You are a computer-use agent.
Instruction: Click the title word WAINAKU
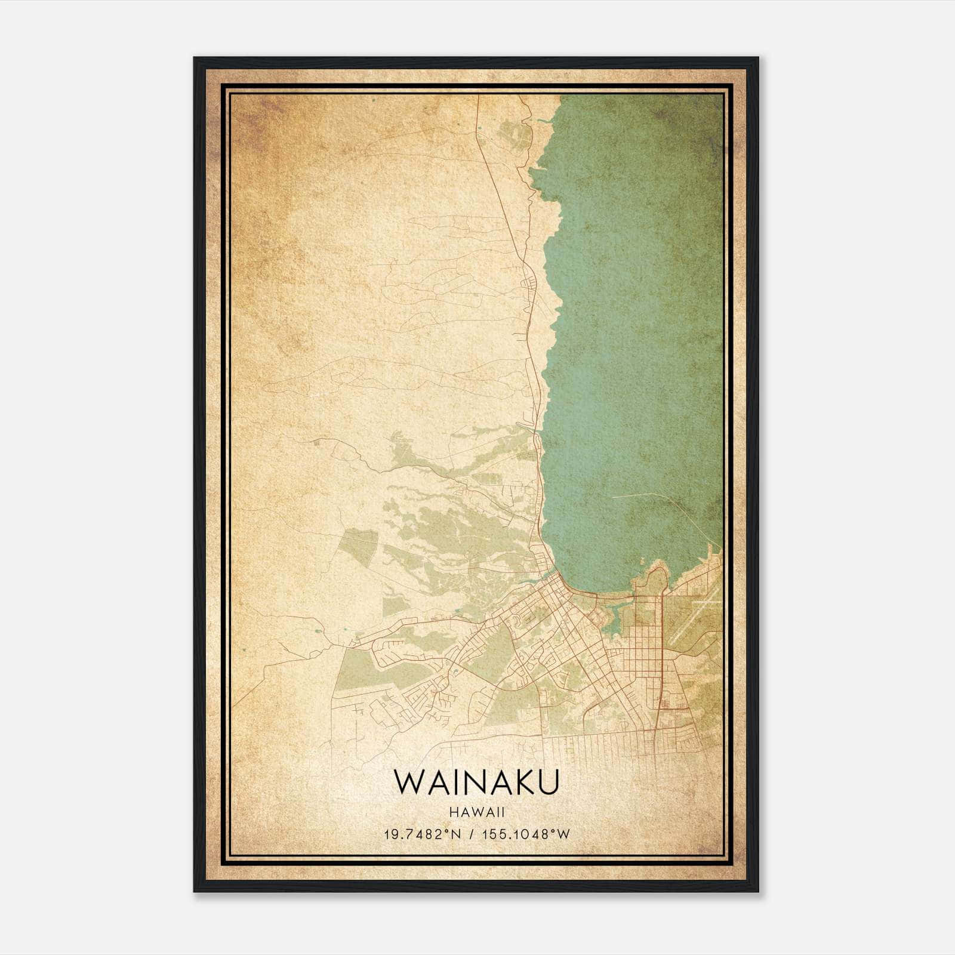pos(476,782)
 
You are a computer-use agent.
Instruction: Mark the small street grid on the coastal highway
pos(528,286)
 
